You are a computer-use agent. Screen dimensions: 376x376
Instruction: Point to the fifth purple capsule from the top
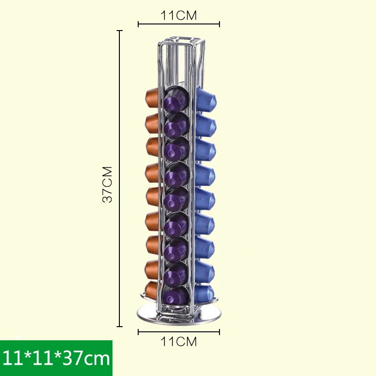pos(176,199)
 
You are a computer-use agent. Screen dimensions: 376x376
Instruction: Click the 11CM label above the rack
pos(179,15)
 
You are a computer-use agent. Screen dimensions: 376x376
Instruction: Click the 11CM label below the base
pos(179,342)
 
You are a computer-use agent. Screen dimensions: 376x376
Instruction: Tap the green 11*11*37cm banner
pos(56,358)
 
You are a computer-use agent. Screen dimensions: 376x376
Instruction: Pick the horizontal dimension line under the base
pos(179,332)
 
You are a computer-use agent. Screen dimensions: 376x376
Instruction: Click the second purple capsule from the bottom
pos(176,272)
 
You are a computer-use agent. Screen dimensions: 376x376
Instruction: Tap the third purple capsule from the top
pos(176,149)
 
